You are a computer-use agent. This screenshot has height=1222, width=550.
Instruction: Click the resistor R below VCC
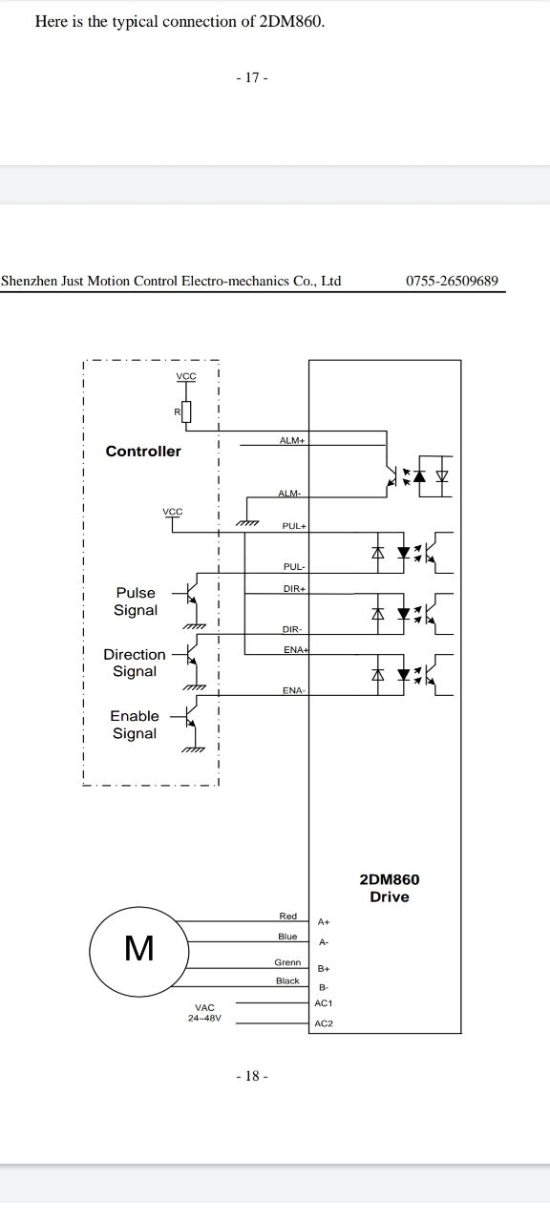(x=186, y=411)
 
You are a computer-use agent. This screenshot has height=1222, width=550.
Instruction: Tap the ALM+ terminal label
(x=292, y=440)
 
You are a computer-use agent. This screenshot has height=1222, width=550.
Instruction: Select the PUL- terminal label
(x=294, y=567)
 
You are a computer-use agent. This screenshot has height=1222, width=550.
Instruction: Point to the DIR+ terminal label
(x=295, y=589)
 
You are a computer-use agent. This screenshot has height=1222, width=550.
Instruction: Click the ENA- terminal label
(x=294, y=690)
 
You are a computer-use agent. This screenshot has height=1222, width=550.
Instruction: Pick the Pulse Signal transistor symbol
(x=188, y=594)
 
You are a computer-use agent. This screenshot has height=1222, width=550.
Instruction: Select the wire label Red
(x=288, y=916)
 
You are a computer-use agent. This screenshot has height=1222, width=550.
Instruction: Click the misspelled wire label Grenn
(x=287, y=962)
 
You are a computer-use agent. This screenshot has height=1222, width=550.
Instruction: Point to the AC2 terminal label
(x=324, y=1023)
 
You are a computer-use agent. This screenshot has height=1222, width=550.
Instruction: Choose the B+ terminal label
(x=324, y=969)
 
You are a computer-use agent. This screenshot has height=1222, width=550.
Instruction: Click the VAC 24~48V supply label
(x=204, y=1013)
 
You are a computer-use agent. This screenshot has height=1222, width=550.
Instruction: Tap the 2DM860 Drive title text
(x=390, y=888)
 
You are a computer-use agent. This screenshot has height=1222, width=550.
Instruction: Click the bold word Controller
(x=143, y=452)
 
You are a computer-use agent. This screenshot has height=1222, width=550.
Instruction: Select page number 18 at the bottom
(x=252, y=1076)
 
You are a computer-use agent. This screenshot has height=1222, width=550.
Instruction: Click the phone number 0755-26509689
(x=452, y=281)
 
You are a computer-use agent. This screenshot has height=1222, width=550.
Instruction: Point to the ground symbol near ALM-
(x=246, y=522)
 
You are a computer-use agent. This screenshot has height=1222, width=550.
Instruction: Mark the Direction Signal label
(x=135, y=663)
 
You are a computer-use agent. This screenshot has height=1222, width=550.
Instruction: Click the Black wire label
(x=287, y=980)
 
